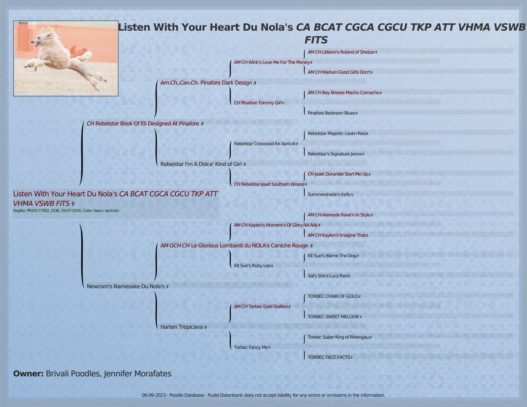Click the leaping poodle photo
click(66, 58)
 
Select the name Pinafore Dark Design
click(226, 83)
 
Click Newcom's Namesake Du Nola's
click(126, 286)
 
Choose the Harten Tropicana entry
click(181, 327)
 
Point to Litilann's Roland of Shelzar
click(348, 52)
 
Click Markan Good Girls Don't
click(346, 72)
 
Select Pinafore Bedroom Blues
click(331, 113)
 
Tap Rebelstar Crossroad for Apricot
click(264, 144)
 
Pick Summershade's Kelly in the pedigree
click(329, 194)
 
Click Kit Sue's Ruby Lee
click(252, 266)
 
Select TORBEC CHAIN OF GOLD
click(333, 296)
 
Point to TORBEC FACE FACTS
click(329, 357)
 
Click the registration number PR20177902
click(38, 211)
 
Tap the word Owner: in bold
click(28, 373)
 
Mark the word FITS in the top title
click(316, 40)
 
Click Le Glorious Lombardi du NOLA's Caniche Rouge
click(249, 245)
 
